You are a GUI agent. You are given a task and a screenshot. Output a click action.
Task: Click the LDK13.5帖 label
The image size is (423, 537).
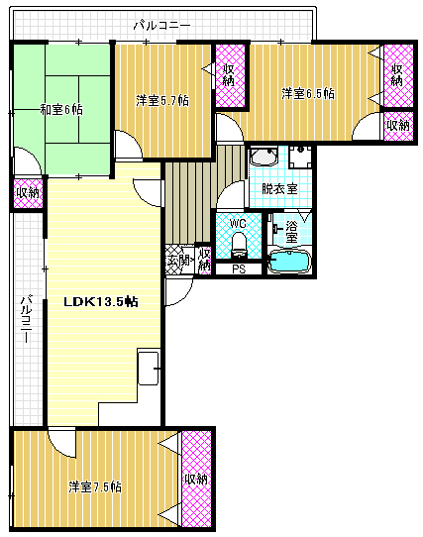pyautogui.click(x=101, y=302)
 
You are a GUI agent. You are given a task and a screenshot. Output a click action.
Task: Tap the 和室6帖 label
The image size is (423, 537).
pyautogui.click(x=61, y=110)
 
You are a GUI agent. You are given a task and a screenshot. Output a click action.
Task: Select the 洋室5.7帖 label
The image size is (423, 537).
pyautogui.click(x=162, y=101)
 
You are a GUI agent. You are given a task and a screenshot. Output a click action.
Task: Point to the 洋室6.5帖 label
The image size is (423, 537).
pyautogui.click(x=308, y=93)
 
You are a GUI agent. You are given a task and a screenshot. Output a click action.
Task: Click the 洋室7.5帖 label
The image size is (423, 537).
pyautogui.click(x=95, y=486)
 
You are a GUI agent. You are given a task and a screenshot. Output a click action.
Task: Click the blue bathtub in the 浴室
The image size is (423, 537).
pyautogui.click(x=289, y=262)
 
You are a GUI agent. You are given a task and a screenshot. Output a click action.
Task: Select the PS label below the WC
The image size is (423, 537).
pyautogui.click(x=239, y=269)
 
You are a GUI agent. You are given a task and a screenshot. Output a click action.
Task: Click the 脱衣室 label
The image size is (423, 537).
pyautogui.click(x=279, y=188)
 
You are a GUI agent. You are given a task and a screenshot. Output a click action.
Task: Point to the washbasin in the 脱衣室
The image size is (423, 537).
pyautogui.click(x=264, y=157)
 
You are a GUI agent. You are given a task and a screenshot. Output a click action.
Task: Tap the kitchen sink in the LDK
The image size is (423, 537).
pyautogui.click(x=148, y=368)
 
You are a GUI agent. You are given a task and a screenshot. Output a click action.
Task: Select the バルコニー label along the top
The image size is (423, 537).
pyautogui.click(x=162, y=26)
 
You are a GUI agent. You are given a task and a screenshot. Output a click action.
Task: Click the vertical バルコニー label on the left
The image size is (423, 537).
pyautogui.click(x=26, y=318)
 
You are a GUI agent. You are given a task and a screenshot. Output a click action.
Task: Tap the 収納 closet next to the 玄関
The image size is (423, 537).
pyautogui.click(x=204, y=260)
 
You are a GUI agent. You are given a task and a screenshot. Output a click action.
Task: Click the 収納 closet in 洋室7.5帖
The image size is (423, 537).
pyautogui.click(x=196, y=479)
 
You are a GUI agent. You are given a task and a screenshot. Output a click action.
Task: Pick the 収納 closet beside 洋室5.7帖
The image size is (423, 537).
pyautogui.click(x=230, y=75)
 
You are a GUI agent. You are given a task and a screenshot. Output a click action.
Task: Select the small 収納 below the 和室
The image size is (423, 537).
pyautogui.click(x=28, y=193)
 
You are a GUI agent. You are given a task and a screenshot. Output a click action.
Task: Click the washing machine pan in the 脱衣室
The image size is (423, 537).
pyautogui.click(x=300, y=158)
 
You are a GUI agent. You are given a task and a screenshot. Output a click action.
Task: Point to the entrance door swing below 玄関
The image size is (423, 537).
pyautogui.click(x=178, y=292)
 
